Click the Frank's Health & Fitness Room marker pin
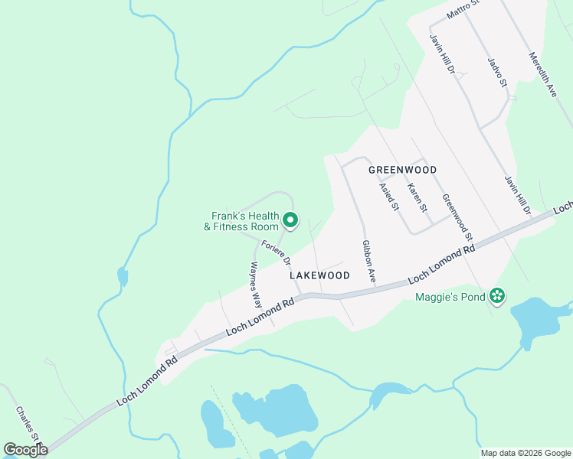tap(290, 220)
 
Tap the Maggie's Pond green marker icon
tap(497, 296)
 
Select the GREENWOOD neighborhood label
tap(402, 170)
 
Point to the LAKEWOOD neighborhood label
tap(319, 275)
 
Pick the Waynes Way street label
tap(256, 285)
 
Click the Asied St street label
tap(390, 197)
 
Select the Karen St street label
tap(416, 197)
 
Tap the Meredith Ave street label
tap(542, 74)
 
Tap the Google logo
tap(25, 450)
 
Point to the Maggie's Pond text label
tap(450, 297)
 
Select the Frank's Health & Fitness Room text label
tap(244, 221)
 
